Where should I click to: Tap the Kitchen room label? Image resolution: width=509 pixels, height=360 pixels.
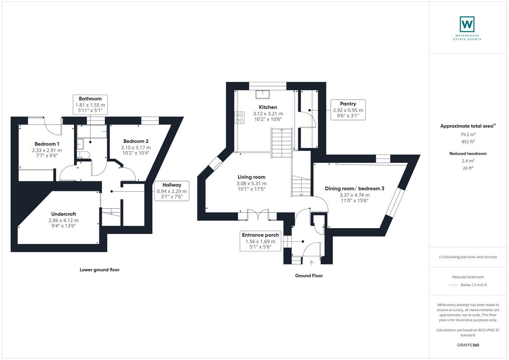tap(268, 107)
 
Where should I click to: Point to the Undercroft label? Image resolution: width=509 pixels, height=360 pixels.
tap(64, 214)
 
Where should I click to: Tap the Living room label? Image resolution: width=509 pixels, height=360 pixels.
tap(251, 177)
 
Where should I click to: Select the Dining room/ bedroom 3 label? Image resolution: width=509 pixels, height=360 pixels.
tap(354, 188)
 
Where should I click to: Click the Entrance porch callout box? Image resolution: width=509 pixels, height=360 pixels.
tap(260, 241)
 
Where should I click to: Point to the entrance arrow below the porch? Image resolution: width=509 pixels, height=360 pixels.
tap(312, 263)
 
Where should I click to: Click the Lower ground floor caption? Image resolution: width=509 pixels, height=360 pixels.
tap(99, 270)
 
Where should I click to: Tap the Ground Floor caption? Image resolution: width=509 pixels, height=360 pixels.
tap(308, 276)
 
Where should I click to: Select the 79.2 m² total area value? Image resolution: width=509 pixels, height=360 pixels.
tap(469, 134)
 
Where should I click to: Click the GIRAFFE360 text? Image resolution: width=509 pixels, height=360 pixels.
tap(469, 345)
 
